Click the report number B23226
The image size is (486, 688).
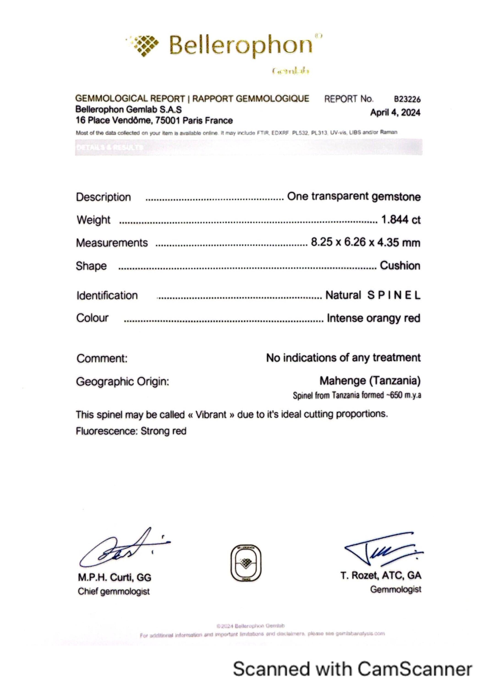pyautogui.click(x=407, y=99)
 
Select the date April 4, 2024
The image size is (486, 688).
pyautogui.click(x=395, y=113)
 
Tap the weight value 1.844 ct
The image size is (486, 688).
pyautogui.click(x=401, y=220)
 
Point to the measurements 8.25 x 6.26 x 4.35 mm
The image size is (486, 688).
pyautogui.click(x=365, y=242)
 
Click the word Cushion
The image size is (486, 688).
pyautogui.click(x=400, y=266)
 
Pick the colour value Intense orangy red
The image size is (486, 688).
pyautogui.click(x=373, y=318)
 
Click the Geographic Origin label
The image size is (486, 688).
pyautogui.click(x=122, y=381)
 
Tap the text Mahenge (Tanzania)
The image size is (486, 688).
pyautogui.click(x=370, y=381)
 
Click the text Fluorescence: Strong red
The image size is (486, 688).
pyautogui.click(x=131, y=431)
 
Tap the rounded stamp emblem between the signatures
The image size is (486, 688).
pyautogui.click(x=246, y=563)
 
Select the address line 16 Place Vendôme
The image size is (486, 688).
pyautogui.click(x=154, y=120)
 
